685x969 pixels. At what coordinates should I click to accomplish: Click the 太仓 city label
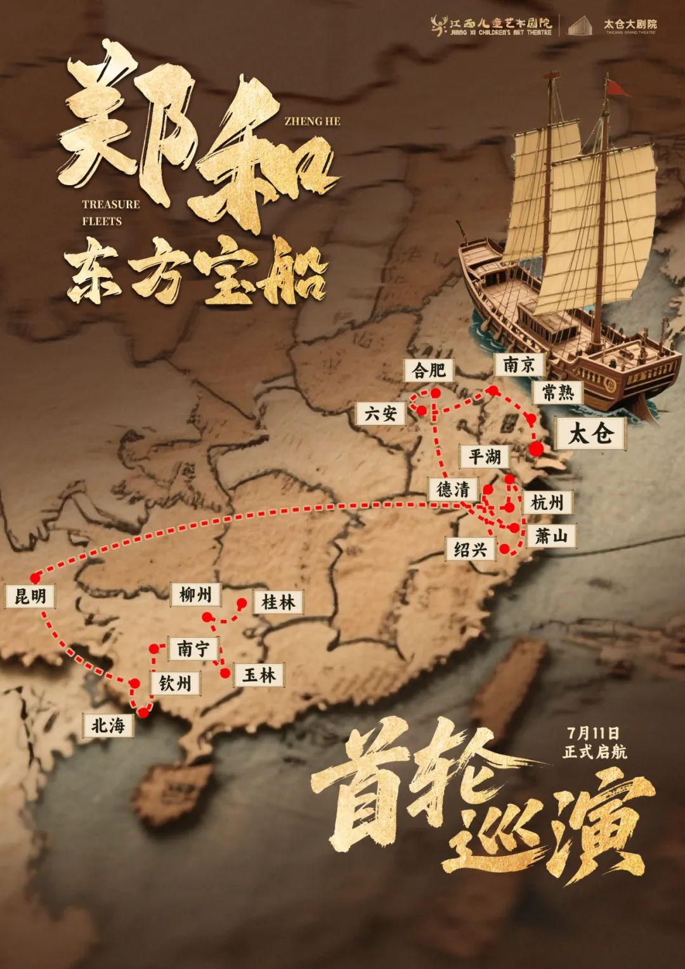point(590,434)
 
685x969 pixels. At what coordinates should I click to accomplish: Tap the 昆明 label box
point(30,597)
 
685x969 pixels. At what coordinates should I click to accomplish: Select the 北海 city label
point(108,725)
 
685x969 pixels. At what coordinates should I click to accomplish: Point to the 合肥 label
point(429,370)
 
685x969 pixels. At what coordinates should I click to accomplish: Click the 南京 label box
point(519,365)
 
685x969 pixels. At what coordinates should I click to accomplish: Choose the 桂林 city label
point(278,602)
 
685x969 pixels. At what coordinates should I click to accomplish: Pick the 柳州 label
point(195,595)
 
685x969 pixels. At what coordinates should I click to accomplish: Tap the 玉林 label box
point(259,675)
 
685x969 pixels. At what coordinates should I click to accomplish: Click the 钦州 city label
point(174,683)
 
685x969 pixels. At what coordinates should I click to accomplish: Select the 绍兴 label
point(470,549)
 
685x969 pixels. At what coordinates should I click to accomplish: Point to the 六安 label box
point(381,413)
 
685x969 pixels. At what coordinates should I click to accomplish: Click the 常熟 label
point(558,393)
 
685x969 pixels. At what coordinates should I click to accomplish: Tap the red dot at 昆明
point(35,578)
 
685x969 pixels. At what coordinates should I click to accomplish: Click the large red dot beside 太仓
point(537,449)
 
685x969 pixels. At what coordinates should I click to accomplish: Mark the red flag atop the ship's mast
point(616,88)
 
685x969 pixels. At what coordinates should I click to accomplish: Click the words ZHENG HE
point(312,121)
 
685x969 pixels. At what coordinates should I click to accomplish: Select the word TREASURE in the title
point(111,204)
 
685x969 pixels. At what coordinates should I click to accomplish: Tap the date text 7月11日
point(594,733)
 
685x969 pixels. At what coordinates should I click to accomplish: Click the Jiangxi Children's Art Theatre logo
point(492,26)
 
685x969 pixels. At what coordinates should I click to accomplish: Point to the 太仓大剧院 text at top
point(630,23)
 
